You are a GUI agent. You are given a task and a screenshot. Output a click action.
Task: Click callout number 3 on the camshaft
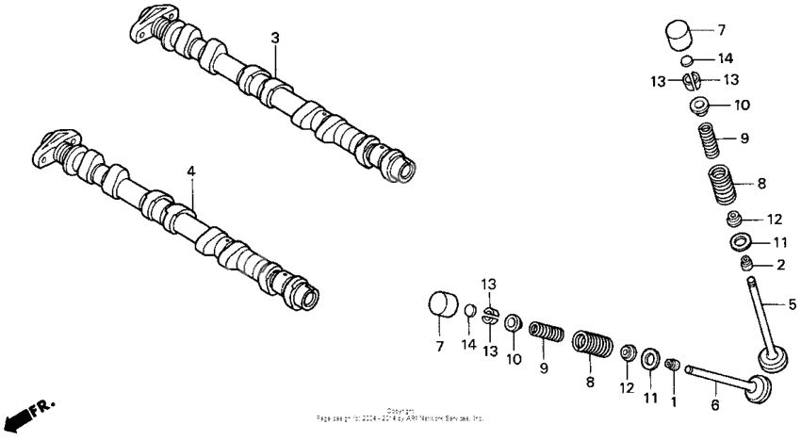275,38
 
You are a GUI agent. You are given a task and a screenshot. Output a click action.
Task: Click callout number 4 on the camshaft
190,171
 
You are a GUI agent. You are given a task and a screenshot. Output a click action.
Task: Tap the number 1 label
673,402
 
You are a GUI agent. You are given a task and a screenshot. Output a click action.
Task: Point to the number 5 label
792,304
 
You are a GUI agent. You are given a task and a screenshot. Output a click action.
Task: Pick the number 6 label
714,405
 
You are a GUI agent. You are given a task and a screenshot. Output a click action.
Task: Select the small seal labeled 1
673,365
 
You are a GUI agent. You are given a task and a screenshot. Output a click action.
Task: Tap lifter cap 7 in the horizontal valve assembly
443,306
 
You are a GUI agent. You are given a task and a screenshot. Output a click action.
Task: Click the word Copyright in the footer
400,410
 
